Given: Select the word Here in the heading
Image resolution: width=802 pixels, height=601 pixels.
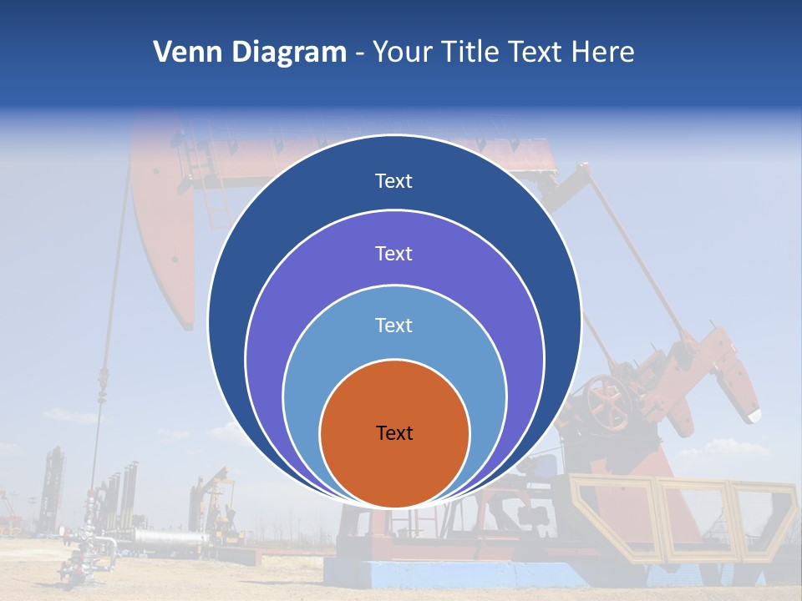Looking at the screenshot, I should [602, 53].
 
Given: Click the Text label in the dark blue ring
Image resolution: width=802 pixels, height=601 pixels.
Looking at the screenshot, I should [393, 181].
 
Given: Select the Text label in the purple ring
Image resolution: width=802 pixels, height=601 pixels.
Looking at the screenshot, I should [393, 254].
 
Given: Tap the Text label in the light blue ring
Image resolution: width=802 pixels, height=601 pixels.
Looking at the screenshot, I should [393, 326].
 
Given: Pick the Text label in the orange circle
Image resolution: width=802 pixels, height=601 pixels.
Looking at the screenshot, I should [394, 433].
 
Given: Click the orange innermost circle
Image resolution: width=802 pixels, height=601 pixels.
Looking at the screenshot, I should [394, 467].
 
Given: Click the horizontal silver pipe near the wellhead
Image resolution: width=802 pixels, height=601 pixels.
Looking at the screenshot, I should [167, 540].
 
